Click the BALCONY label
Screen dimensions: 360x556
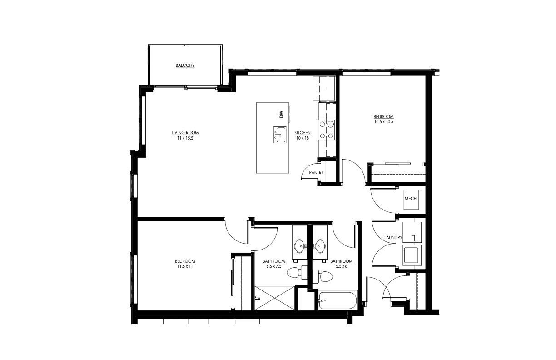pyautogui.click(x=185, y=65)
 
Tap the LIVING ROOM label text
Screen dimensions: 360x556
pyautogui.click(x=185, y=133)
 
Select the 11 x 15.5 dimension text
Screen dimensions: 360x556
pyautogui.click(x=185, y=138)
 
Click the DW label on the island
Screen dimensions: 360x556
pyautogui.click(x=281, y=115)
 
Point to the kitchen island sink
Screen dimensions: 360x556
pyautogui.click(x=279, y=135)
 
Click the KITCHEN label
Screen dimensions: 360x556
pyautogui.click(x=303, y=133)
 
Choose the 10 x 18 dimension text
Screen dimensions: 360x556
pyautogui.click(x=303, y=138)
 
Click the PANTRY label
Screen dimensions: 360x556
pyautogui.click(x=316, y=173)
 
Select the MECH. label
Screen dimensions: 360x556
pyautogui.click(x=411, y=199)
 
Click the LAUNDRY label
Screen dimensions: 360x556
pyautogui.click(x=393, y=238)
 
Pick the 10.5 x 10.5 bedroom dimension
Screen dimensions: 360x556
pyautogui.click(x=384, y=122)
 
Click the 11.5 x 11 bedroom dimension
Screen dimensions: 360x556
pyautogui.click(x=185, y=266)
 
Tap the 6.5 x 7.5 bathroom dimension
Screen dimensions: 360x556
pyautogui.click(x=273, y=266)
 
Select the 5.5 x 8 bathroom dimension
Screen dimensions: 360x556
pyautogui.click(x=341, y=266)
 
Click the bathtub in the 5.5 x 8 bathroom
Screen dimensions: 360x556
pyautogui.click(x=338, y=301)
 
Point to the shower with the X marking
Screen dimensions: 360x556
pyautogui.click(x=274, y=298)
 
